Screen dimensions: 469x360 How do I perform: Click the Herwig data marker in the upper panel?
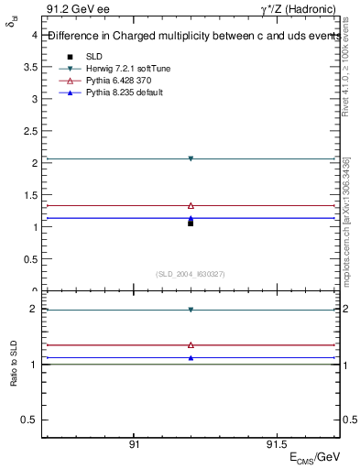(x=191, y=158)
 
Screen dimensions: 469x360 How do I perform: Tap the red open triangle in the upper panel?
(x=191, y=205)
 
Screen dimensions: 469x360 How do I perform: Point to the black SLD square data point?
(x=191, y=223)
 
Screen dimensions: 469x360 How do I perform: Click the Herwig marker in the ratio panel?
(x=191, y=310)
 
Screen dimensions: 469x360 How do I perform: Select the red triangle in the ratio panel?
(x=191, y=345)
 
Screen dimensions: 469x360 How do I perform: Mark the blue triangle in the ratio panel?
(x=191, y=357)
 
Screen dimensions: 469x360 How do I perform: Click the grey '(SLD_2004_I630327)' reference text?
(x=191, y=273)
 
